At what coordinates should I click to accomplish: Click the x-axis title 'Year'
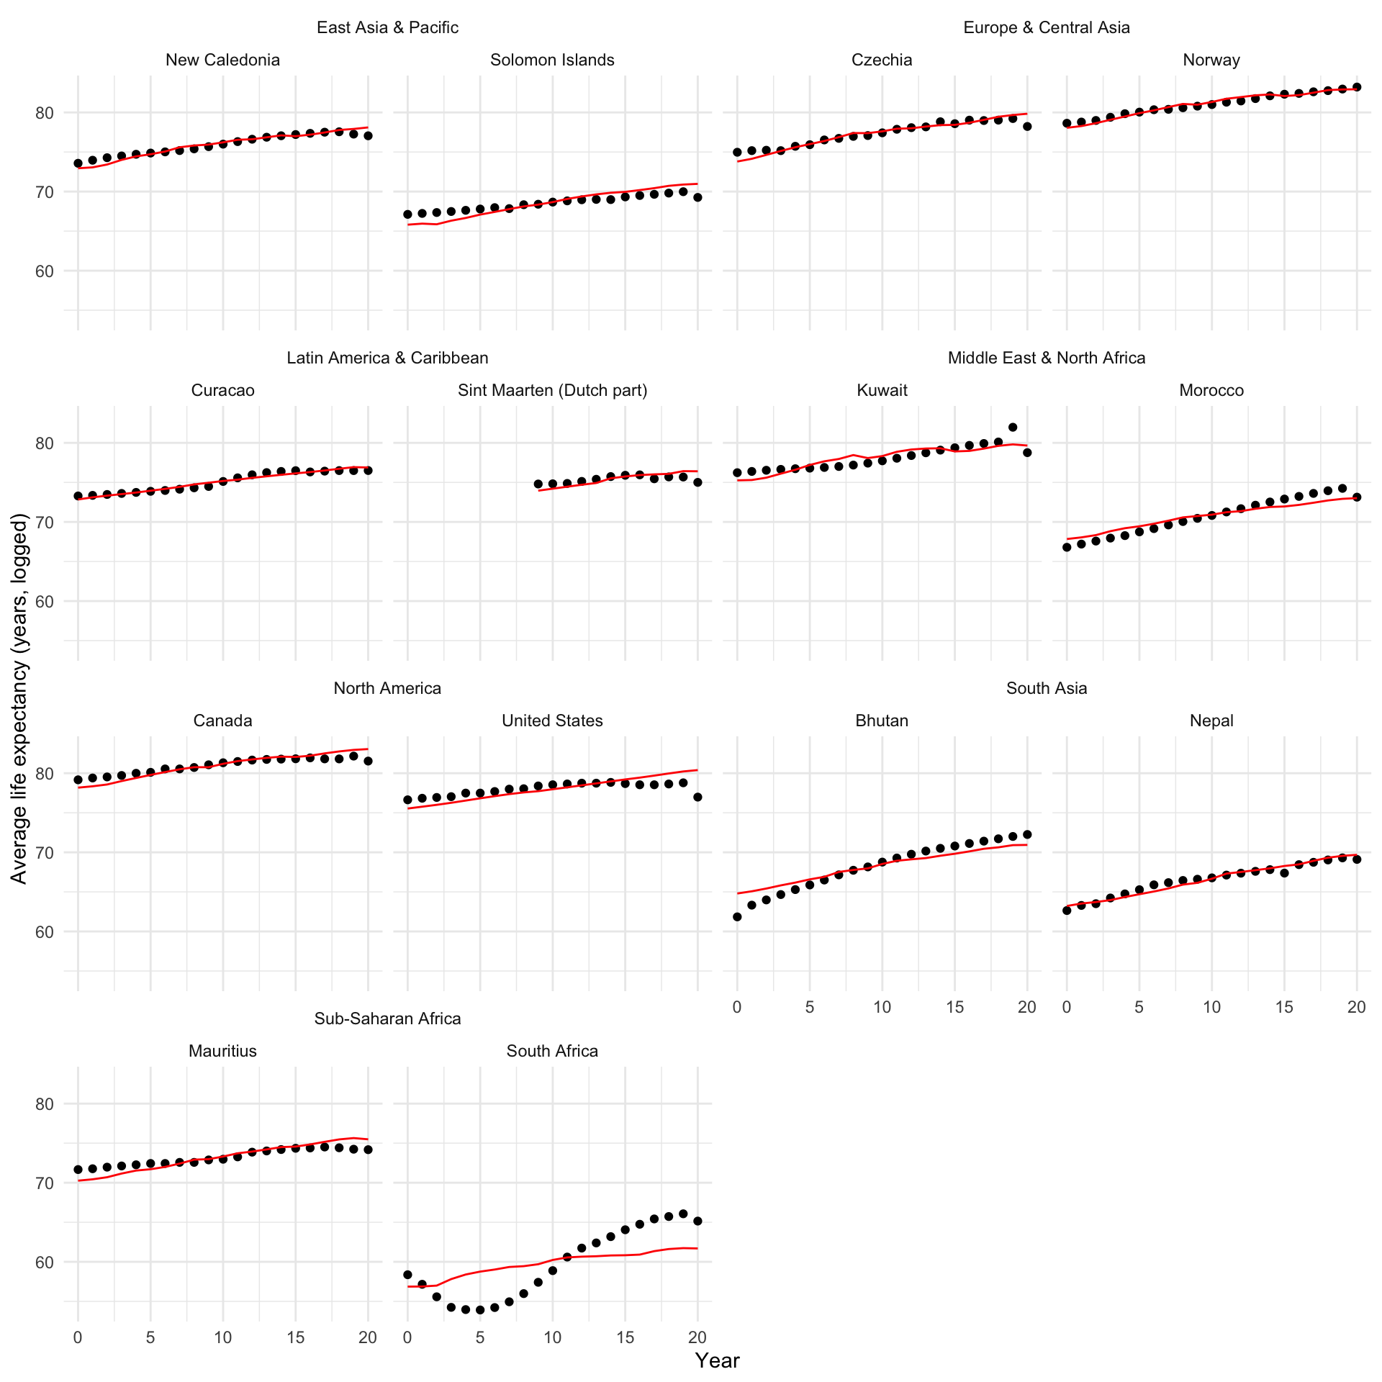(x=717, y=1360)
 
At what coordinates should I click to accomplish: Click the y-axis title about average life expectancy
(x=19, y=698)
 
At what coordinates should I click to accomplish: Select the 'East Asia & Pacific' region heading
(x=387, y=27)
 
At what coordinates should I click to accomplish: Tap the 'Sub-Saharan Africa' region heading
(x=387, y=1019)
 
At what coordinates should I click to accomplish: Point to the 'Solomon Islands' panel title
(x=552, y=60)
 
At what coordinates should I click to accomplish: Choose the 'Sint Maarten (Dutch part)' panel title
(x=552, y=390)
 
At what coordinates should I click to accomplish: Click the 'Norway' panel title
(x=1211, y=60)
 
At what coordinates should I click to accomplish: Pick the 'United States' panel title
(x=552, y=721)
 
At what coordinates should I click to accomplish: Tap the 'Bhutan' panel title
(x=882, y=721)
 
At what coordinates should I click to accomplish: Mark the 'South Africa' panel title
(x=552, y=1051)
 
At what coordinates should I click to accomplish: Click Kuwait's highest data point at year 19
(x=1013, y=428)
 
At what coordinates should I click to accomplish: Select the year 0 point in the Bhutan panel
(x=737, y=917)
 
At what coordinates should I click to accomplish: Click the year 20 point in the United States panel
(x=697, y=798)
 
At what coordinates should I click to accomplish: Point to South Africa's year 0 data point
(x=407, y=1275)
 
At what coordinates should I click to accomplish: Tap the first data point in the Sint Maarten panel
(x=538, y=484)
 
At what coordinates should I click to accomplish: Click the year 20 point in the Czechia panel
(x=1027, y=127)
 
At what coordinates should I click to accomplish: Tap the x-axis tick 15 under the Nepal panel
(x=1284, y=1007)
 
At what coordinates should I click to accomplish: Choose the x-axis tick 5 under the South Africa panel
(x=480, y=1337)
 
